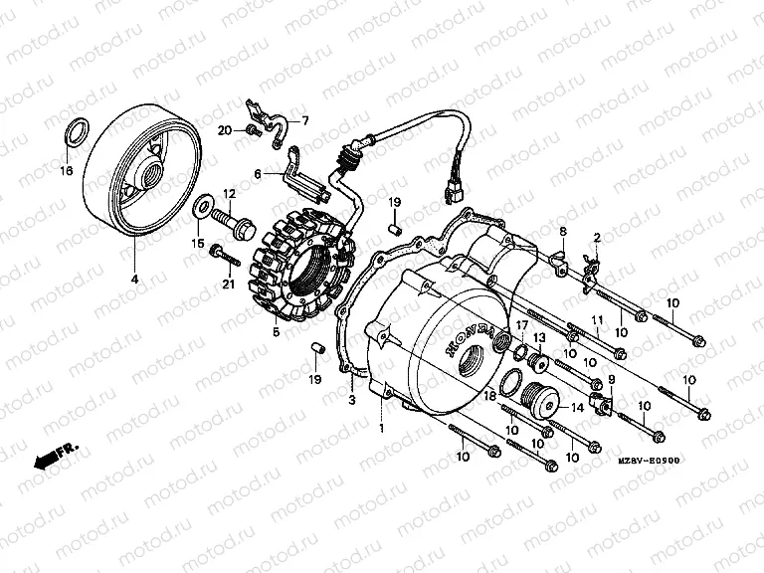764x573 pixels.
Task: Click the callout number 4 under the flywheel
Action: click(x=135, y=280)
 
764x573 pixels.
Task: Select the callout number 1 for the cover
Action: click(x=381, y=428)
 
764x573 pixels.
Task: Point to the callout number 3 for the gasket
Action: click(x=351, y=400)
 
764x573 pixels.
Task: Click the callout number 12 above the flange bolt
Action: click(x=228, y=193)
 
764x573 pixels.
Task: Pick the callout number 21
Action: click(x=228, y=286)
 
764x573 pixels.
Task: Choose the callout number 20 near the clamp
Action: click(x=224, y=130)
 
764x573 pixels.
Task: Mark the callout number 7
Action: click(x=305, y=121)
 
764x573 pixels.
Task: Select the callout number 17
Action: click(x=521, y=325)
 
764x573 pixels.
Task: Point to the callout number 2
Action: click(x=597, y=237)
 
